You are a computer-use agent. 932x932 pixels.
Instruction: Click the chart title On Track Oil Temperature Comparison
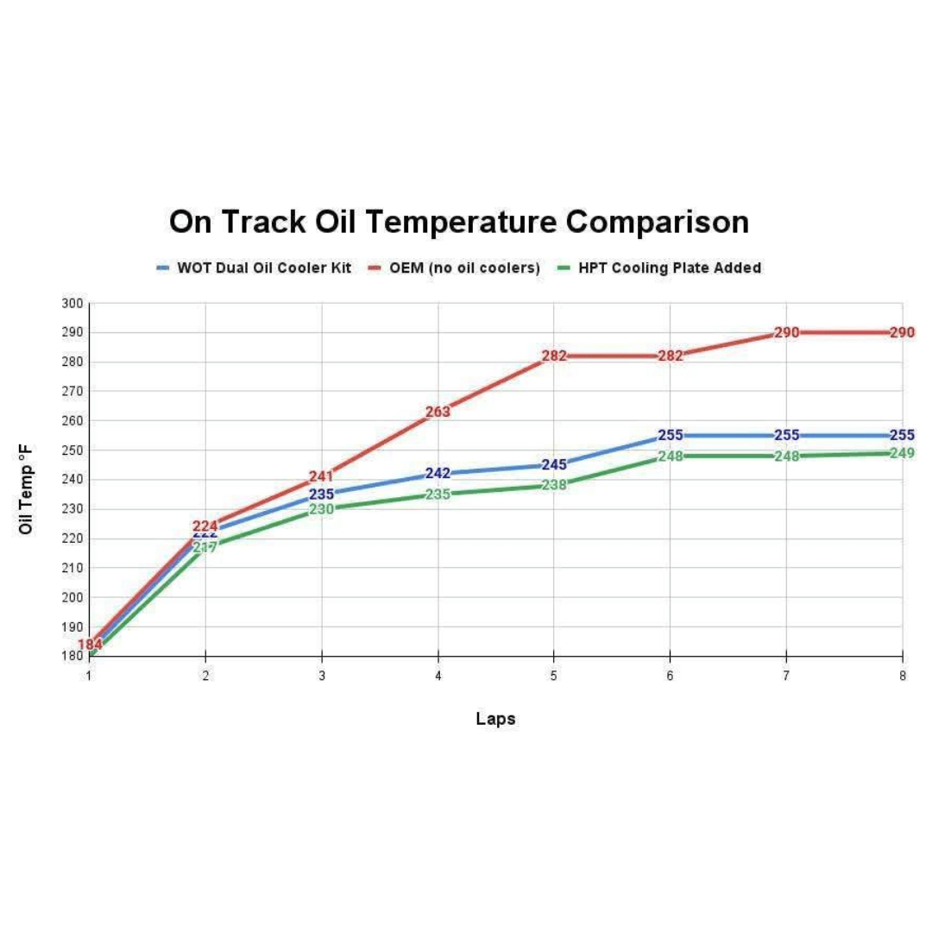(x=458, y=222)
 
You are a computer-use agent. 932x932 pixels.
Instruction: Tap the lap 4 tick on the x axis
(x=438, y=677)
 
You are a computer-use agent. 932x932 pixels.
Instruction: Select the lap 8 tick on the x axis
(x=902, y=677)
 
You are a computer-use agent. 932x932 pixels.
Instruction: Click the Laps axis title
(x=495, y=719)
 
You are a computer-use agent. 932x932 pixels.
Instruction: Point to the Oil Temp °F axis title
(x=27, y=489)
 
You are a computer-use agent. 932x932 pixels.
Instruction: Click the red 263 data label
(x=438, y=412)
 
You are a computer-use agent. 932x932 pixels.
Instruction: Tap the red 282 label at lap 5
(x=554, y=356)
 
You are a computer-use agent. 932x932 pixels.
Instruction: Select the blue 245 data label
(x=554, y=465)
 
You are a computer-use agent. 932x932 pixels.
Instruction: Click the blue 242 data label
(x=438, y=474)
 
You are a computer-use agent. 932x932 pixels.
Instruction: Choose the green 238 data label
(x=554, y=485)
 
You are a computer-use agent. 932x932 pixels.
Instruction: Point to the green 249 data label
(x=902, y=453)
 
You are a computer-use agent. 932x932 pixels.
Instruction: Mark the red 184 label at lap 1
(x=90, y=645)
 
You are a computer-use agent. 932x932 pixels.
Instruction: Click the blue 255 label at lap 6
(x=671, y=435)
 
